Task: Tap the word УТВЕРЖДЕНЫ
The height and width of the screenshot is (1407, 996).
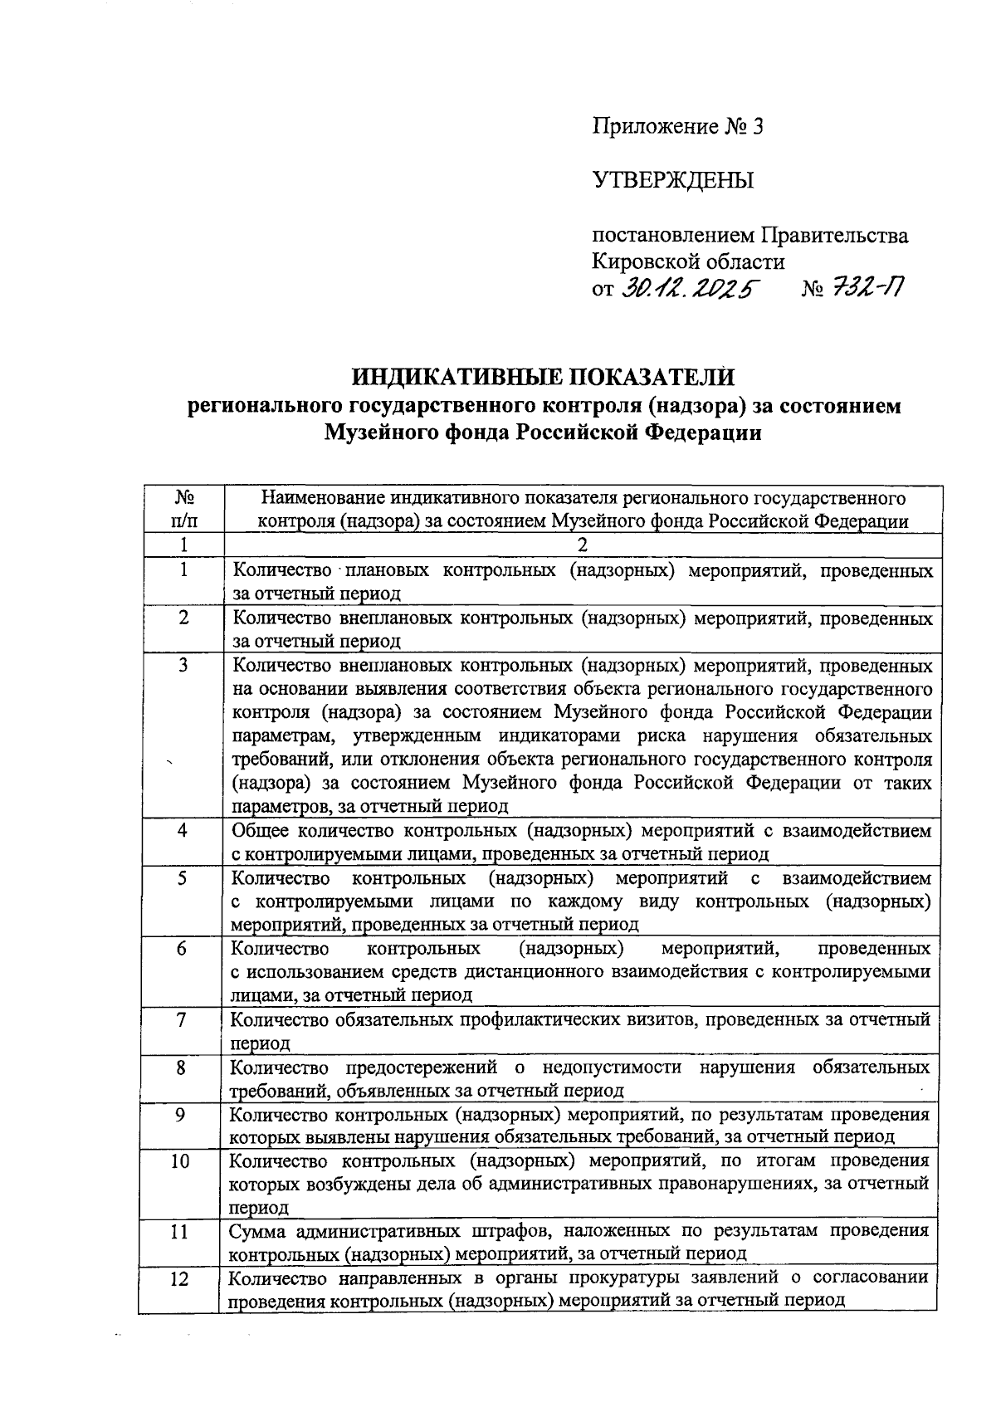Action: tap(672, 179)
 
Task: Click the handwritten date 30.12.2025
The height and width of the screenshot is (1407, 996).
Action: tap(689, 288)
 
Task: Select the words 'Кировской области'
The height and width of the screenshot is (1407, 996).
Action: tap(687, 261)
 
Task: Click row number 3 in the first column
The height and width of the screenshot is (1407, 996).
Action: tap(183, 665)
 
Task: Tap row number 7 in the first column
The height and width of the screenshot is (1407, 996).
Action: tap(182, 1019)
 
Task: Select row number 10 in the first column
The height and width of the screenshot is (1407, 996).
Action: tap(181, 1160)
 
